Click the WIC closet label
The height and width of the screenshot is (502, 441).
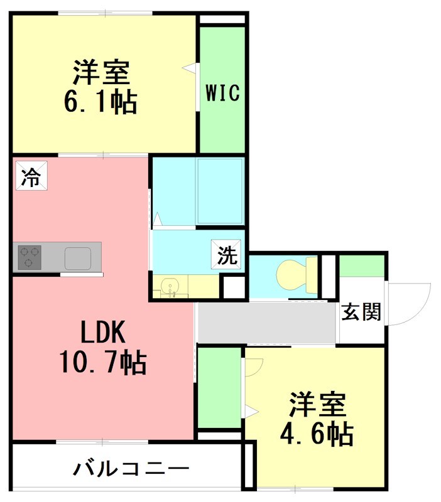[222, 93]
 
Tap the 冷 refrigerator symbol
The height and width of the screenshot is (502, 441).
[29, 176]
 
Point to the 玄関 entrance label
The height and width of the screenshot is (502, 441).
[361, 312]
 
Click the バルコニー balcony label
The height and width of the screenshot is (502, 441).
[131, 467]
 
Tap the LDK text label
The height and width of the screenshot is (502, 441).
[103, 331]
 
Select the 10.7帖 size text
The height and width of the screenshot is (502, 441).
[103, 362]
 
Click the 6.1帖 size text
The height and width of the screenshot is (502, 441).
[101, 102]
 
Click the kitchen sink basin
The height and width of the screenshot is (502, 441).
[79, 258]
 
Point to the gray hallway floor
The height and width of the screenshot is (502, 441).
[267, 323]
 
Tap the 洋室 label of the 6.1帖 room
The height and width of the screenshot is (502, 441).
[101, 73]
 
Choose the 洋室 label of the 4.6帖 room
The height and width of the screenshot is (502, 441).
[317, 405]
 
